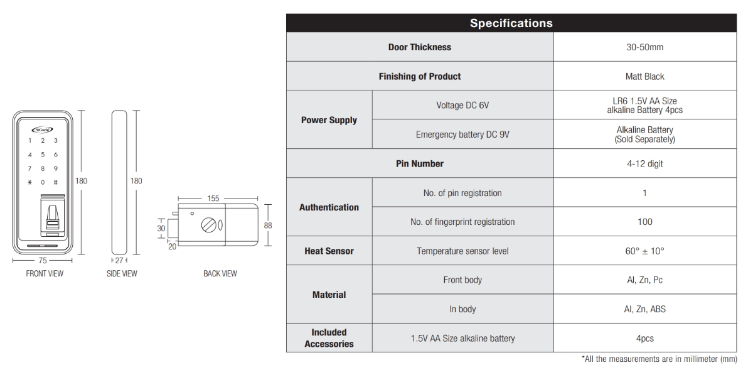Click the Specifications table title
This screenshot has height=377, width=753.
coord(511,23)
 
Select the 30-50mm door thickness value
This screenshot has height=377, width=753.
coord(645,47)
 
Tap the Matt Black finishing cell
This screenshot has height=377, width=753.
coord(645,77)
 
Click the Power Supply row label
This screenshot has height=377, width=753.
coord(329,120)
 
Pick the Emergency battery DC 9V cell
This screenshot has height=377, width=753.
coord(462,134)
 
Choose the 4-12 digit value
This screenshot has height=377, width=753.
coord(645,163)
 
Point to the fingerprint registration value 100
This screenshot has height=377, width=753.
coord(645,222)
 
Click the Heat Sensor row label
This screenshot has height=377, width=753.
coord(329,251)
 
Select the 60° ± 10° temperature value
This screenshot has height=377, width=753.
coord(645,251)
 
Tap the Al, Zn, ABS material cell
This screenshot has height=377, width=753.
coord(645,309)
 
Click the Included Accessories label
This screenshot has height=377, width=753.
coord(329,338)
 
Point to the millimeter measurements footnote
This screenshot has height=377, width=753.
coord(660,359)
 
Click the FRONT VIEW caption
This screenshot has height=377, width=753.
coord(45,273)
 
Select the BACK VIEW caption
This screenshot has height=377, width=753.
coord(220,273)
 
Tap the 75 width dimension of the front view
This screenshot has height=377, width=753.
coord(43,261)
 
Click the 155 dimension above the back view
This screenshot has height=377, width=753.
coord(213,199)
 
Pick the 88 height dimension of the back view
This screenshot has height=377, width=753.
coord(268,225)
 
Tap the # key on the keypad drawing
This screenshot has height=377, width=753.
coord(56,182)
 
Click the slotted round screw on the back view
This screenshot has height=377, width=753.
coord(208,225)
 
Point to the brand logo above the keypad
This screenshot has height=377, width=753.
coord(43,129)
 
